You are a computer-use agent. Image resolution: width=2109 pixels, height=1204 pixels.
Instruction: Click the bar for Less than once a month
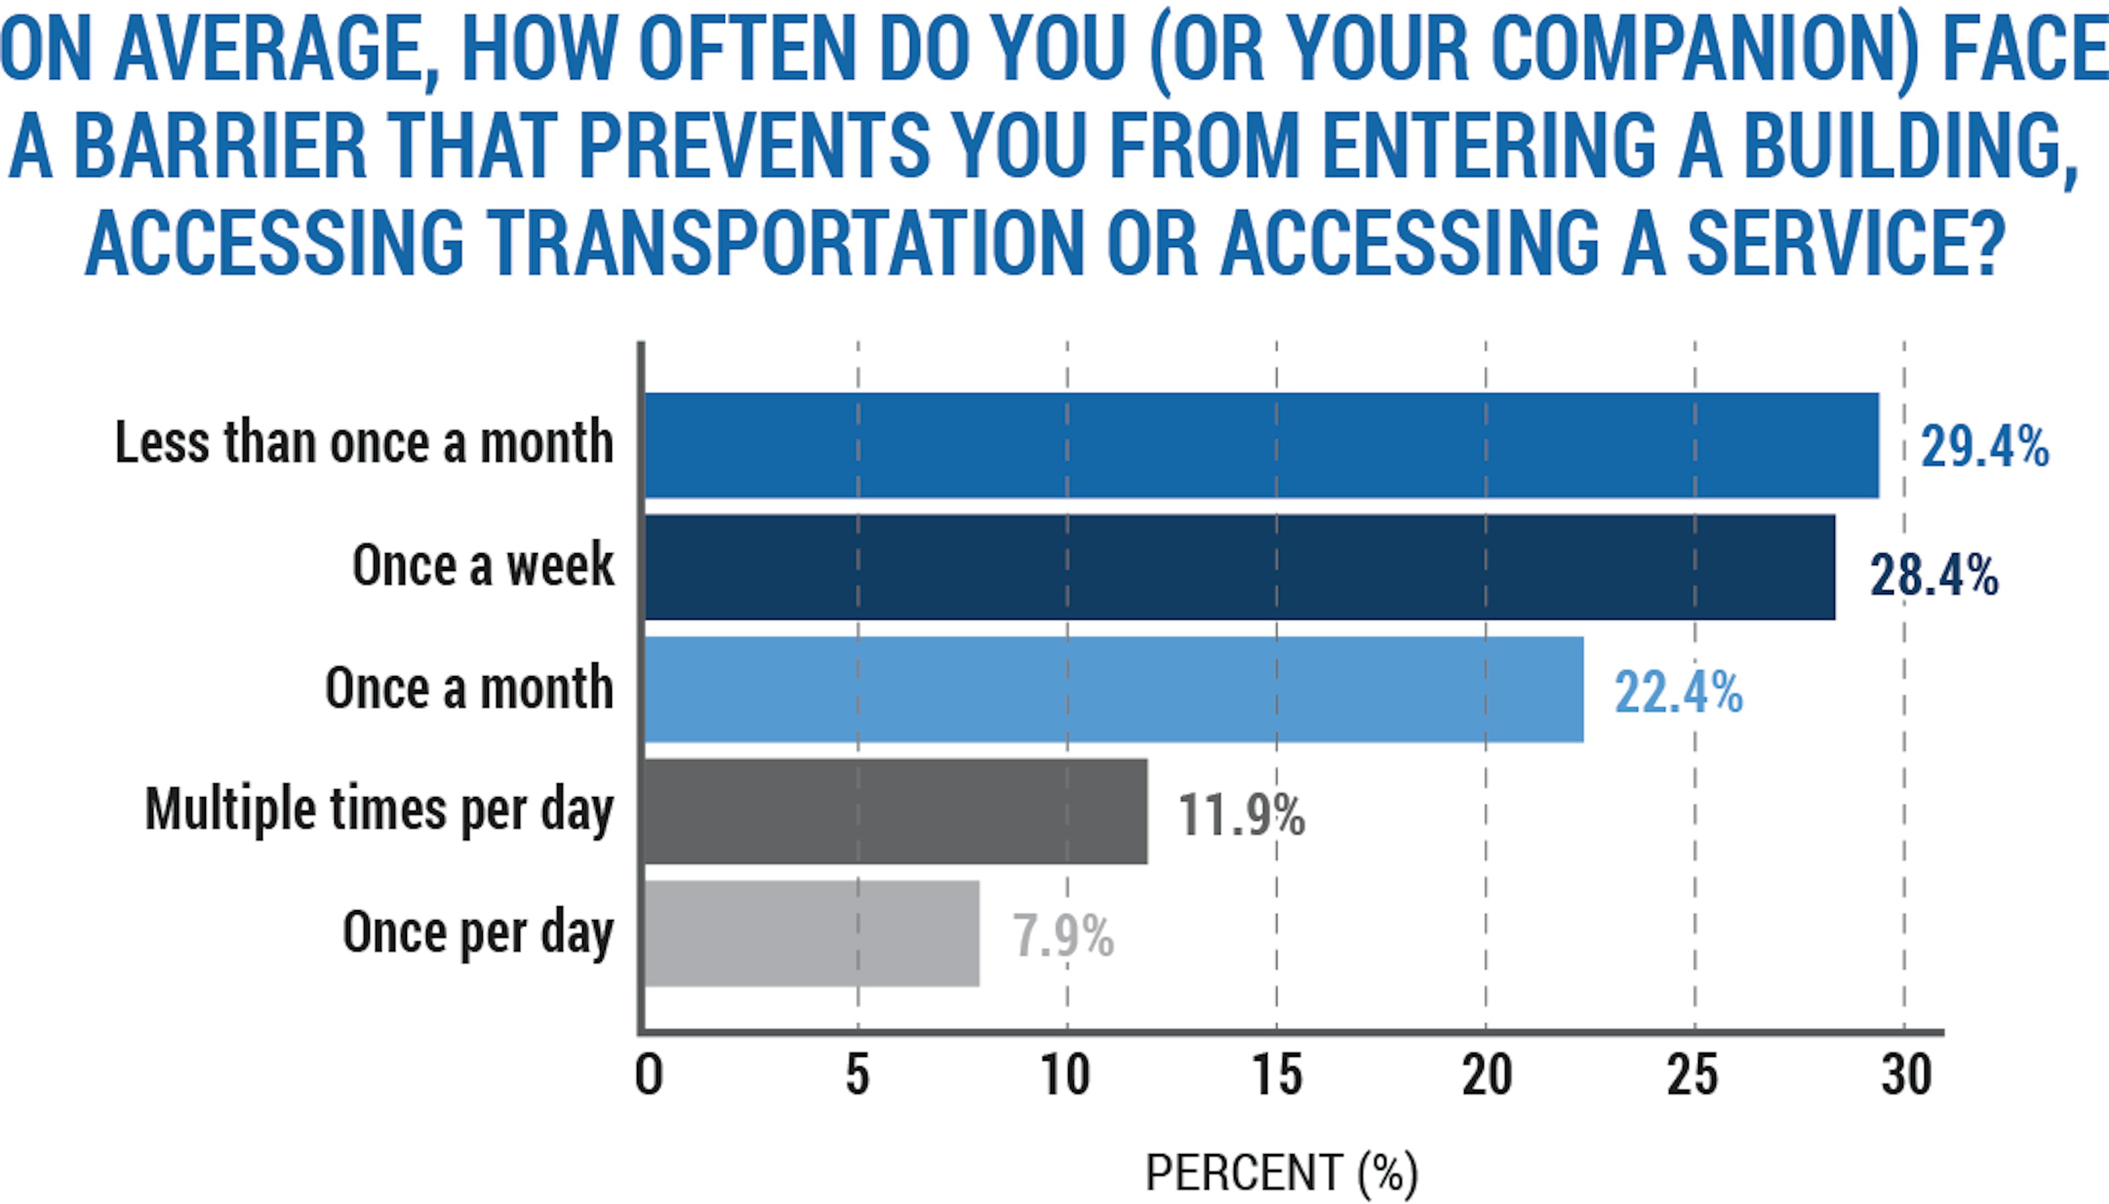point(1261,445)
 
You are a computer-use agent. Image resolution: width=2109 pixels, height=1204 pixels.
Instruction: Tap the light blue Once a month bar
point(1114,690)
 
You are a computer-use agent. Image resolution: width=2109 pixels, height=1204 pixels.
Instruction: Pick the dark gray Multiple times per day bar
point(895,812)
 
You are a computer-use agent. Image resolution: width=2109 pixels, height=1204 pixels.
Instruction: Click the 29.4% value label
point(1984,447)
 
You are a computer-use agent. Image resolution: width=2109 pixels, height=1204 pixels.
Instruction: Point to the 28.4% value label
point(1934,576)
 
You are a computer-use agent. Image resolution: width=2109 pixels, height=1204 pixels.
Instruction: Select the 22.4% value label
point(1678,693)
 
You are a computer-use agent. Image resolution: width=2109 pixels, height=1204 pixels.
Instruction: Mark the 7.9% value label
point(1063,936)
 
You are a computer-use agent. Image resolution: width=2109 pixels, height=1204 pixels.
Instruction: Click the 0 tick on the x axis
point(648,1076)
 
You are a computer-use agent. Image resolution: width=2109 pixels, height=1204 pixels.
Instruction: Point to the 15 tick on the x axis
point(1276,1076)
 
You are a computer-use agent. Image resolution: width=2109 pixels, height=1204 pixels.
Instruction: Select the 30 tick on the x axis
point(1906,1076)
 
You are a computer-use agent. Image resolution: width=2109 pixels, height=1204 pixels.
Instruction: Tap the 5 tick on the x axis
point(857,1076)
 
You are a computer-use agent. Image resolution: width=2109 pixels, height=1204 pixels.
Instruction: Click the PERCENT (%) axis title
point(1281,1173)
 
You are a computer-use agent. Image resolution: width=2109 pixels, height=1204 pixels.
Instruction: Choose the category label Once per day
point(478,933)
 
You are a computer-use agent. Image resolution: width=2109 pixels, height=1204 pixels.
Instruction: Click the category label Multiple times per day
point(378,810)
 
